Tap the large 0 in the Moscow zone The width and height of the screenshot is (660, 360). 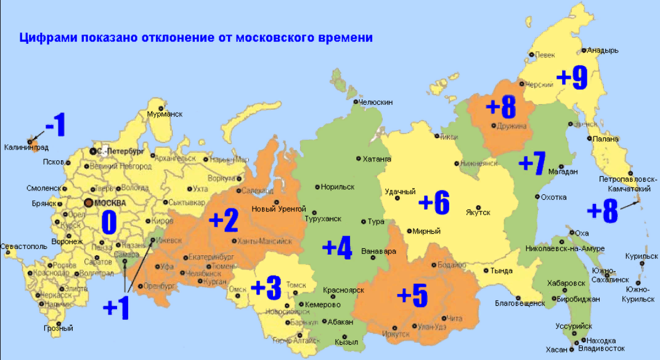pos(108,223)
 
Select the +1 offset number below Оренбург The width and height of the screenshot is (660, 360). pos(116,307)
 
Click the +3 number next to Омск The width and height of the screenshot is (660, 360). pos(266,287)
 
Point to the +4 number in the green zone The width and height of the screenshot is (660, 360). pos(337,248)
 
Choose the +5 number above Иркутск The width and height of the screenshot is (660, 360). pos(412,295)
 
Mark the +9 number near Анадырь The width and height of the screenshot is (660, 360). pos(572,76)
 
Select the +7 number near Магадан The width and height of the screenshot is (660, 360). pos(532,164)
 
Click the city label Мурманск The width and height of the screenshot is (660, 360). pos(165,114)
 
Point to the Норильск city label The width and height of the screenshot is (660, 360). pos(338,186)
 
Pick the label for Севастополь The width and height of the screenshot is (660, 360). pos(24,246)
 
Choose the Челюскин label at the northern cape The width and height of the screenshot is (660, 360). pos(375,102)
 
